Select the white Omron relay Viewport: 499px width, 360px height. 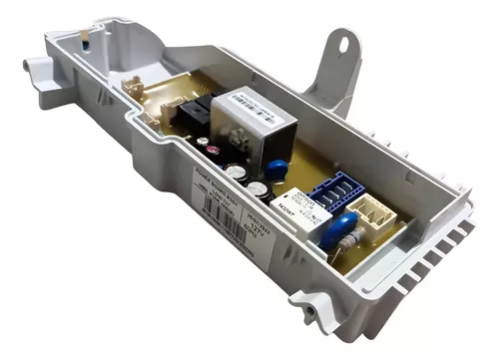[x=296, y=212]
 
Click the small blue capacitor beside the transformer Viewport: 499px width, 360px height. [x=278, y=169]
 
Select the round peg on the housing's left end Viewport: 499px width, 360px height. [x=35, y=68]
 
